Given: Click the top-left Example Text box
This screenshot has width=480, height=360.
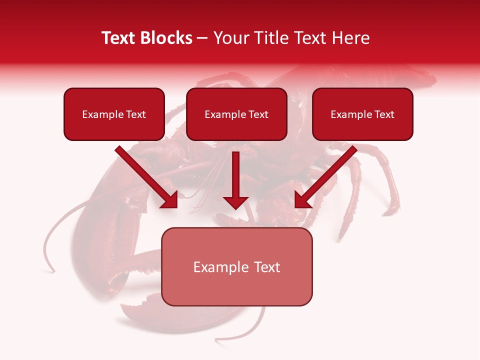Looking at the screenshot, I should tap(114, 114).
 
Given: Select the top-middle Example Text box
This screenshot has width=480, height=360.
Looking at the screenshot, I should tap(236, 114).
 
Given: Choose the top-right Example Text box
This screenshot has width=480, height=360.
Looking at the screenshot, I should tap(362, 114).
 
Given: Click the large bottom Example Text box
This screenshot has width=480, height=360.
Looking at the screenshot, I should tap(236, 266).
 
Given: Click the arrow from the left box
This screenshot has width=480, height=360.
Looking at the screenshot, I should tap(147, 177).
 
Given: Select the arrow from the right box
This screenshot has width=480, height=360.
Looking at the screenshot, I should tap(326, 177).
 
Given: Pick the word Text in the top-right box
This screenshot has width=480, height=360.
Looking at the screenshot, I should tap(384, 114).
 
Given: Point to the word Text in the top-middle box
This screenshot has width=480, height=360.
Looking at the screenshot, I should tap(258, 114).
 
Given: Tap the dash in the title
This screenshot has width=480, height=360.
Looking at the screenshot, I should tap(202, 38).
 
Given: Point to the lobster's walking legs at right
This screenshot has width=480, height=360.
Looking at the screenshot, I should tap(380, 185).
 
